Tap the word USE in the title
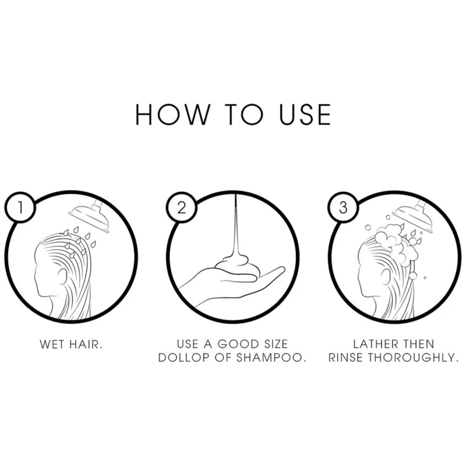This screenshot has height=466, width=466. tap(305, 114)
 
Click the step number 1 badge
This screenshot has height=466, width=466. tap(20, 207)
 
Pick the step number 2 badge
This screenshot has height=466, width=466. tap(181, 207)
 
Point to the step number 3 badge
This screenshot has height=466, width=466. tap(343, 207)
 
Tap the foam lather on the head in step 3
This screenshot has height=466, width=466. tap(396, 242)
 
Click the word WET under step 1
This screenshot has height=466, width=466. tap(52, 344)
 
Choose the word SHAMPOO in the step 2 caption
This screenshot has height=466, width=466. tap(271, 358)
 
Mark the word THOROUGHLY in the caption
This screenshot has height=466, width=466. tap(414, 358)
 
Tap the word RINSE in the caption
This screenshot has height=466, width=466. tap(345, 358)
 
